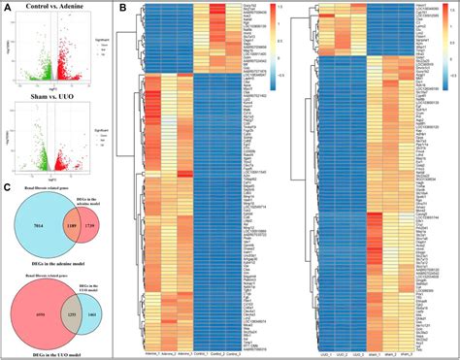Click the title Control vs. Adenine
62,9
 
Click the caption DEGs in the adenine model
58,267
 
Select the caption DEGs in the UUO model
58,353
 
